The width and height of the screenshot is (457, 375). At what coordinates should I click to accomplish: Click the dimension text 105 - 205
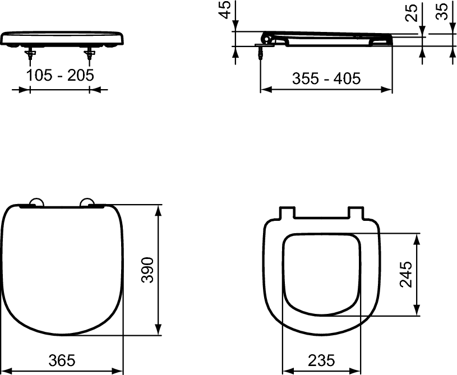point(60,76)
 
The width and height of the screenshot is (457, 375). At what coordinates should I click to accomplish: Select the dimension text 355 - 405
point(326,78)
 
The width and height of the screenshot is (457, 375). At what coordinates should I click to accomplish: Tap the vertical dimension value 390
point(147,271)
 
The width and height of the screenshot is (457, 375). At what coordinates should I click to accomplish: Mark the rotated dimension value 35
point(442,11)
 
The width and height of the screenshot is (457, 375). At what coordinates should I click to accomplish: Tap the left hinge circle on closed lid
point(35,203)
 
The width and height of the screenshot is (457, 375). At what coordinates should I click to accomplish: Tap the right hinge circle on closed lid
point(87,203)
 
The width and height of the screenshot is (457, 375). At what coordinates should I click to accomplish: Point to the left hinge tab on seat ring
point(286,213)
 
